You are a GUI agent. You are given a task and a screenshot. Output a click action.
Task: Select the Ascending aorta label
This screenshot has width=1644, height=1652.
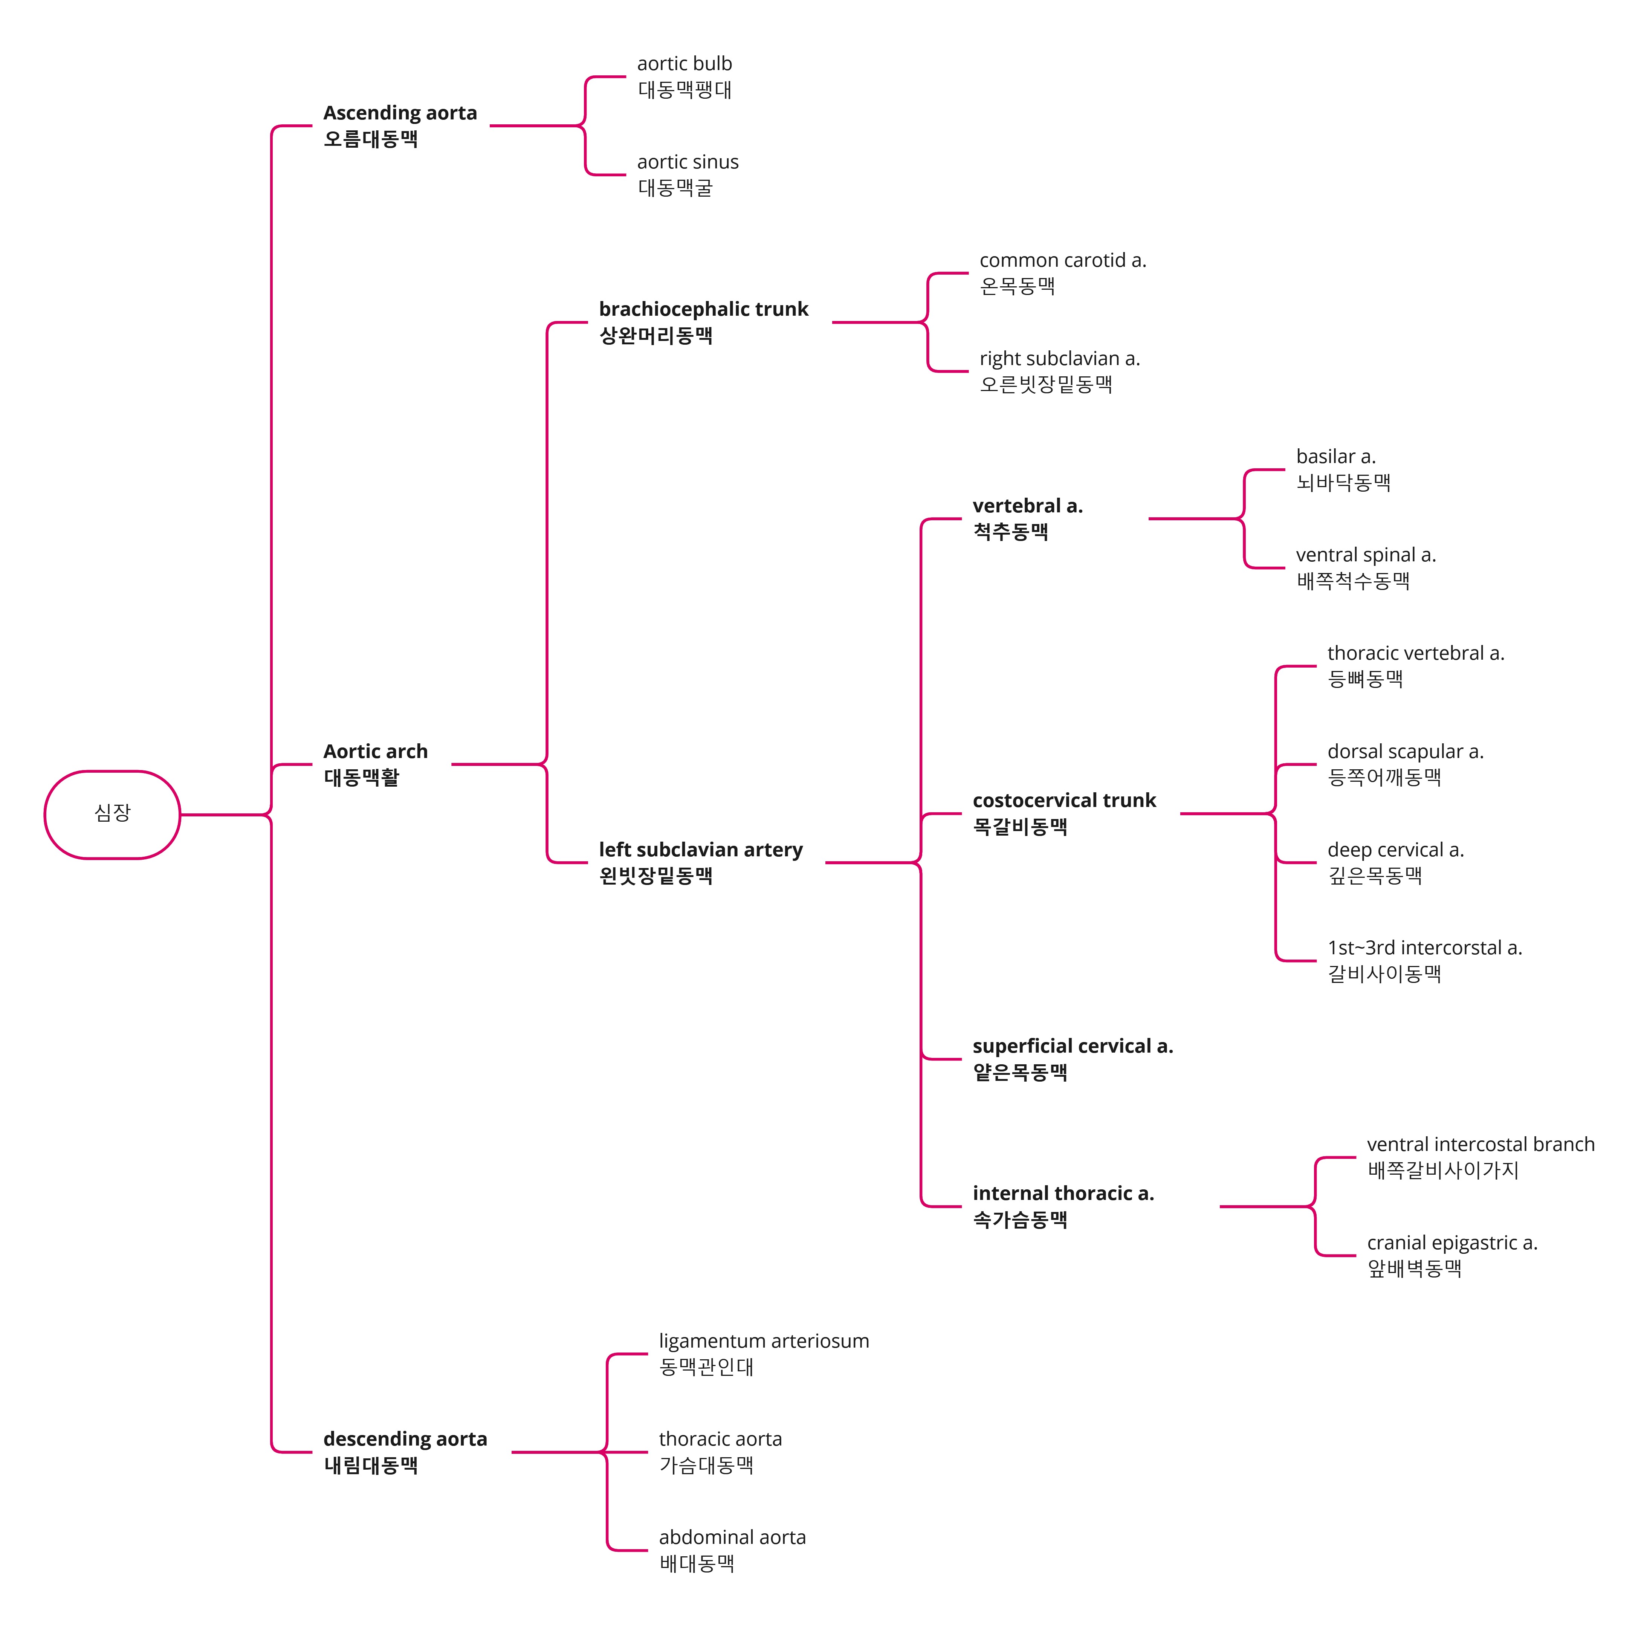click(x=399, y=113)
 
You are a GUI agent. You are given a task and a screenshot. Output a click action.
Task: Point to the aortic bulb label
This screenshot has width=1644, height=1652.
click(x=684, y=64)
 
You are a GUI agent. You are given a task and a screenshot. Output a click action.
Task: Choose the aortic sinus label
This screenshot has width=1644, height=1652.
click(x=688, y=162)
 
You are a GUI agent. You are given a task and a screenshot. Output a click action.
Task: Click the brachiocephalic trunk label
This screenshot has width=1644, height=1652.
click(x=703, y=310)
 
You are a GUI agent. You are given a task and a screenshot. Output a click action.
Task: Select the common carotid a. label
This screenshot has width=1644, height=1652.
click(x=1062, y=261)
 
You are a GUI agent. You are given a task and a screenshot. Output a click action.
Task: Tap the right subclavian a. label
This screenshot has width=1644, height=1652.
click(x=1059, y=359)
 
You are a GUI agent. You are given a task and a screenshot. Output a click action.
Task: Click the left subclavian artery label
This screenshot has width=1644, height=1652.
click(x=700, y=850)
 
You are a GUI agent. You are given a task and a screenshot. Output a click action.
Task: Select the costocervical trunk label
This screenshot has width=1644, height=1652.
click(x=1063, y=801)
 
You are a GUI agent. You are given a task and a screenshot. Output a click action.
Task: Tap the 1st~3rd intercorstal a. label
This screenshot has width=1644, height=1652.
click(x=1424, y=948)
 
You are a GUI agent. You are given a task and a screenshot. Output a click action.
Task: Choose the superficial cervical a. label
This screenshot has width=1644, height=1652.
click(x=1072, y=1047)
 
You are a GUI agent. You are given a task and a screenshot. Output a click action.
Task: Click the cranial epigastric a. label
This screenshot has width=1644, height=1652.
click(x=1451, y=1243)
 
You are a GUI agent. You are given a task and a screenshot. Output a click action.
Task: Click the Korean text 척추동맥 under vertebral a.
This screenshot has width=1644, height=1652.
click(x=1010, y=532)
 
